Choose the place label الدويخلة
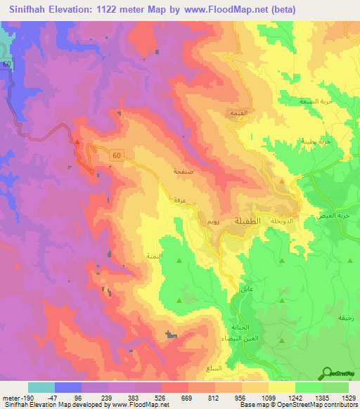tap(293, 219)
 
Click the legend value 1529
tap(349, 397)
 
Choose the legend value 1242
tap(295, 397)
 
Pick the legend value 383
tap(135, 397)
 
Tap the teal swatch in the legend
tap(41, 387)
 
